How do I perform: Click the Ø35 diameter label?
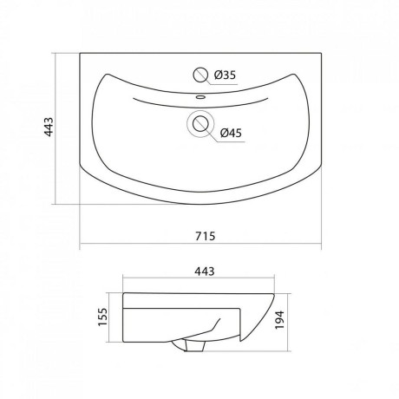225,75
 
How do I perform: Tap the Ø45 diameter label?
231,133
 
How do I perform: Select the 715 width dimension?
206,236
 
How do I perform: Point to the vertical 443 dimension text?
49,127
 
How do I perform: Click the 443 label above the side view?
205,271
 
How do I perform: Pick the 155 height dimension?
102,317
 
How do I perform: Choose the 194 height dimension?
279,320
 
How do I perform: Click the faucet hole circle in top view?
200,75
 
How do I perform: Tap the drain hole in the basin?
200,125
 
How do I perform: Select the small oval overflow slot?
200,97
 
